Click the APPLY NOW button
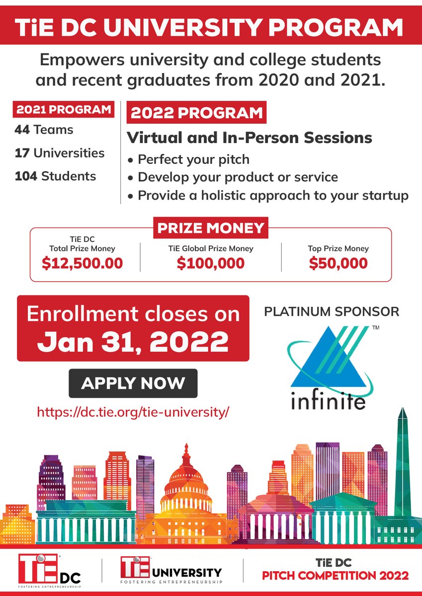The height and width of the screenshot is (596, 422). (x=133, y=383)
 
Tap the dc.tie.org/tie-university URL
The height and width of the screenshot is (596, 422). (x=133, y=412)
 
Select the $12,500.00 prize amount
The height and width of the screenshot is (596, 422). (x=83, y=263)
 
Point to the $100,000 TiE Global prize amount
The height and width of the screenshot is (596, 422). (x=211, y=263)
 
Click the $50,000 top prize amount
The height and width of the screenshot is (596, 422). (x=338, y=263)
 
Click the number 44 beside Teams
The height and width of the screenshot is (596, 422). (x=22, y=130)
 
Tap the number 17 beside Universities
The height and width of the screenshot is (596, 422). (x=21, y=152)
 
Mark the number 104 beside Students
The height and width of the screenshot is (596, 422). (x=26, y=176)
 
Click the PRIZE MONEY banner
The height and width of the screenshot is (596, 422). (x=211, y=228)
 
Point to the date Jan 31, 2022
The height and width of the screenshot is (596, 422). (x=133, y=341)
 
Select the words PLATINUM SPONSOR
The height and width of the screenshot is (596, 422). (x=332, y=312)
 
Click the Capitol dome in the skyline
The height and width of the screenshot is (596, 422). (x=186, y=477)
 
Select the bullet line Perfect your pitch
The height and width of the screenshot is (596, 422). (x=193, y=160)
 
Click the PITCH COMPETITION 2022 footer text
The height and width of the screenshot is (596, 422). (x=336, y=576)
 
